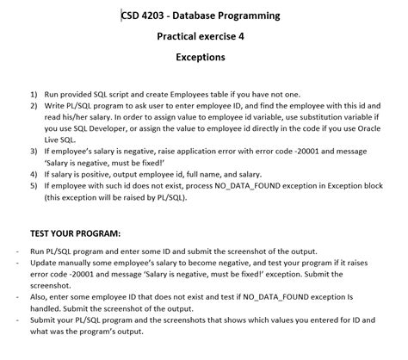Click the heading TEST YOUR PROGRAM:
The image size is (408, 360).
(x=76, y=233)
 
